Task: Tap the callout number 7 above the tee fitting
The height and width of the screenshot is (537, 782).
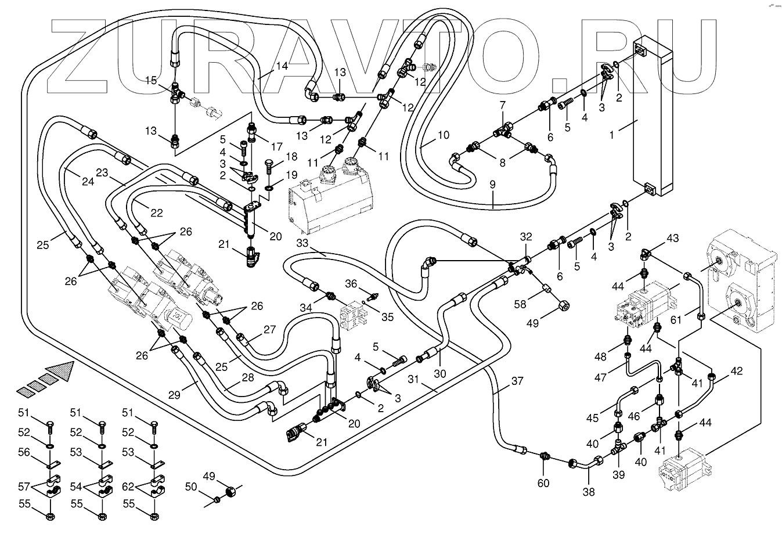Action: point(503,105)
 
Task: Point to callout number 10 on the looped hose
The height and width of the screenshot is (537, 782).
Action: point(443,136)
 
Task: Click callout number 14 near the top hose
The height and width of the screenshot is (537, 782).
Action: point(281,66)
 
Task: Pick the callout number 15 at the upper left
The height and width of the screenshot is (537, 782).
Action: point(151,81)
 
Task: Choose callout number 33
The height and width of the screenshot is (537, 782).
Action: point(302,242)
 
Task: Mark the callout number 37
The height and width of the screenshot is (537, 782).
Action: point(517,381)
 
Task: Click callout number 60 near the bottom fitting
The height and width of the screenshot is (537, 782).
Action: point(543,483)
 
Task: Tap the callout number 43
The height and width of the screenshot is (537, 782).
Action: point(672,238)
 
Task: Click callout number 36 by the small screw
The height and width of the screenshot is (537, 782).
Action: point(351,284)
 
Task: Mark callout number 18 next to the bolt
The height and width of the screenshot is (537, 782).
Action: point(291,157)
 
